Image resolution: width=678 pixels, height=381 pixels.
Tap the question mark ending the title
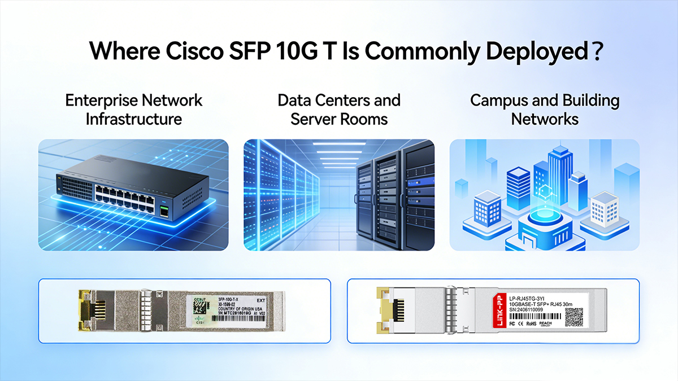(594, 51)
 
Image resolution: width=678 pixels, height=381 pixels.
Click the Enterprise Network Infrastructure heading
(133, 110)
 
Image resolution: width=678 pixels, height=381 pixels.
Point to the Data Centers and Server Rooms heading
(339, 110)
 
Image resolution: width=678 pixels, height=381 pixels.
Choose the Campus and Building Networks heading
(545, 110)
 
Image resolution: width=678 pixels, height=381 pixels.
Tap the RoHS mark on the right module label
(530, 325)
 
